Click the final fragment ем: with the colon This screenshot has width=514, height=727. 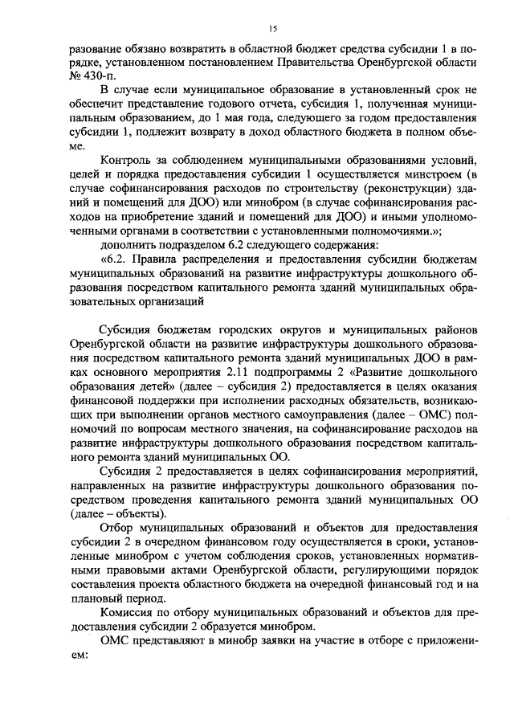[x=78, y=658]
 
